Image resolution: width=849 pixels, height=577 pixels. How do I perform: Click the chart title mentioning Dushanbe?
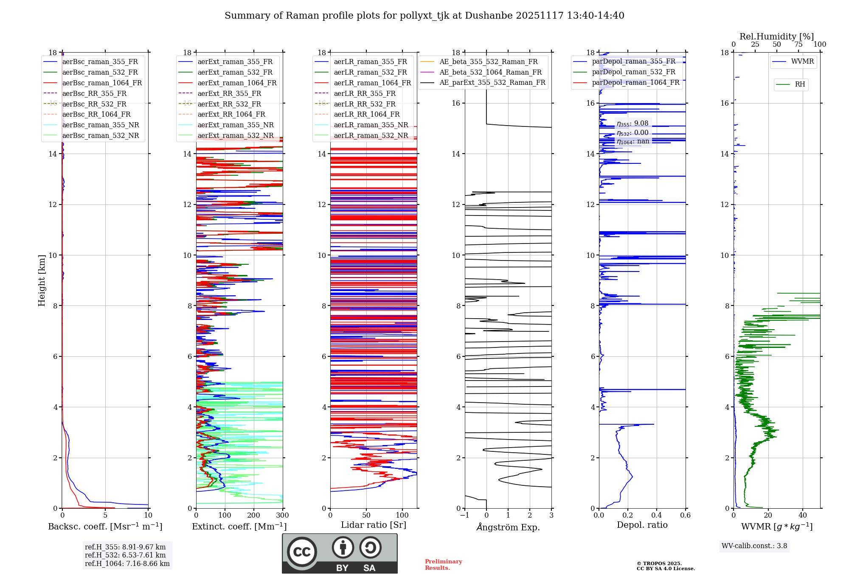point(424,16)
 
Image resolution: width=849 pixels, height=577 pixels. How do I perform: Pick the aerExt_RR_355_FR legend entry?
point(229,93)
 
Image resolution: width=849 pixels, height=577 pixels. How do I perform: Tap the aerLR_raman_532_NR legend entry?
point(371,135)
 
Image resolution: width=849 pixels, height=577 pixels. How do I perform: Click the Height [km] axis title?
point(42,280)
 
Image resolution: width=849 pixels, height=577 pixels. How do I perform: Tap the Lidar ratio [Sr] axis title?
point(374,525)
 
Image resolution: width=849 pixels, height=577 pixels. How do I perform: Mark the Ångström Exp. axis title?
point(508,527)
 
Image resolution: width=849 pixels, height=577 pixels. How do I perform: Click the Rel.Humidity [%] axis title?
point(776,36)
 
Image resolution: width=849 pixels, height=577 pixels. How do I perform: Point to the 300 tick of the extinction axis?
point(282,515)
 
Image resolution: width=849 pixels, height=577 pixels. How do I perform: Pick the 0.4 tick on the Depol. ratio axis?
point(657,515)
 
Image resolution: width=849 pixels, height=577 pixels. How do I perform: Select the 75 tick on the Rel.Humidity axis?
point(798,45)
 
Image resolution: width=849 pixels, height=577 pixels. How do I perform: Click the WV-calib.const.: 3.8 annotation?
point(754,546)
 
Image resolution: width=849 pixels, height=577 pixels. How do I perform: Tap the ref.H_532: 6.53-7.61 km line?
point(125,555)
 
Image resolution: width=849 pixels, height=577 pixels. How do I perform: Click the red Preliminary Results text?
point(443,565)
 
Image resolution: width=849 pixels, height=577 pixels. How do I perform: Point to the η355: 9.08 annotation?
point(633,123)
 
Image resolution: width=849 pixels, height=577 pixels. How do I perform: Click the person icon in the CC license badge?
point(343,548)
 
